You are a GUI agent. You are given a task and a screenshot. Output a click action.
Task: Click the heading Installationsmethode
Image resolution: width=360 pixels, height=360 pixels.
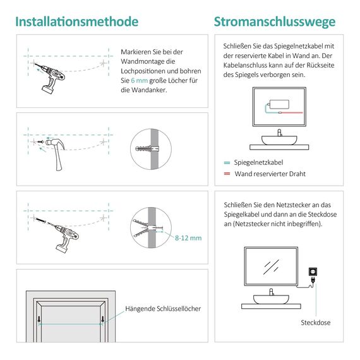point(76,21)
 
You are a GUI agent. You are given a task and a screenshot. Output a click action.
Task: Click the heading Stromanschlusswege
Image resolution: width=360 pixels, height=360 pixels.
point(275,21)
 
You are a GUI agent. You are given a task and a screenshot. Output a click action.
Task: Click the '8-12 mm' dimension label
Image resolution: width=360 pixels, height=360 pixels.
point(188,237)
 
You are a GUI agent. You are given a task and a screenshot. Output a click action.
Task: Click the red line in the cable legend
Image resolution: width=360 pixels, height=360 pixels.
point(227,173)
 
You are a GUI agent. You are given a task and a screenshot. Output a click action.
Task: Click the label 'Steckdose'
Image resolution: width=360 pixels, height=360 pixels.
point(315,322)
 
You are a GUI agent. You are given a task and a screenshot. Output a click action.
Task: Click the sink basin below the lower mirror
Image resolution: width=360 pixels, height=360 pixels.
point(272,297)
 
